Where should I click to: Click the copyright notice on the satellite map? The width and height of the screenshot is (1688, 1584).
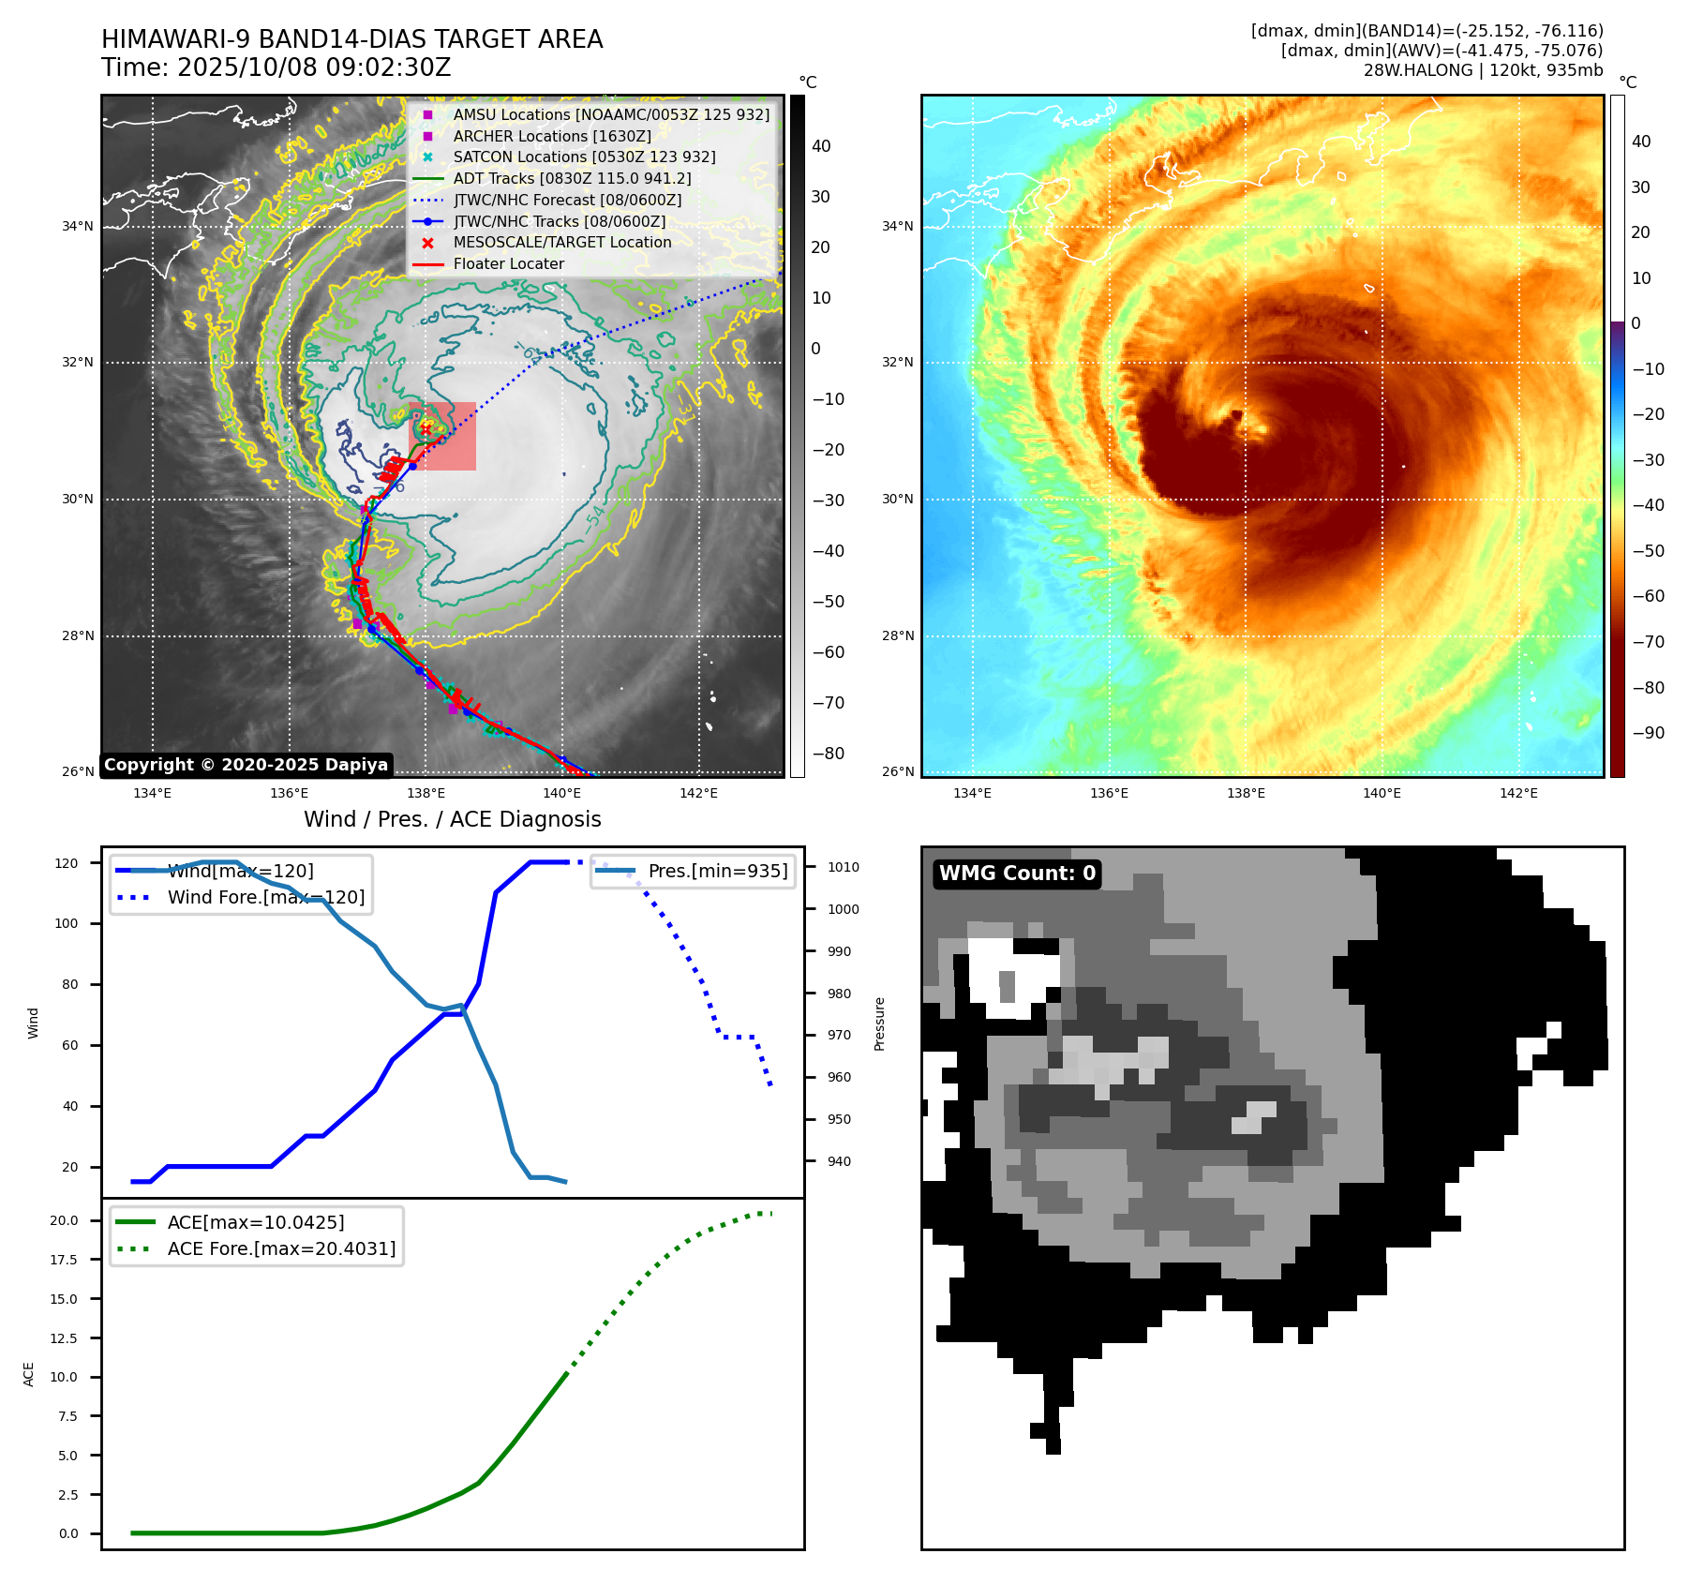[246, 765]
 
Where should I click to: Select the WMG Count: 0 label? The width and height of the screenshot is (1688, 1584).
[1017, 874]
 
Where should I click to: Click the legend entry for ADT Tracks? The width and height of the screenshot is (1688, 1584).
[572, 178]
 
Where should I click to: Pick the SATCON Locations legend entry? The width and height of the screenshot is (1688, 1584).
[584, 157]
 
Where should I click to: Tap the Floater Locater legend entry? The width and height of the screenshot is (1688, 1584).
[508, 264]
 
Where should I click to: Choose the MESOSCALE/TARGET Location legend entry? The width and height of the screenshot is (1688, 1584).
[562, 243]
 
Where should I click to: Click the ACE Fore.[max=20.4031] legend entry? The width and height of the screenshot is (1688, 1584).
[281, 1249]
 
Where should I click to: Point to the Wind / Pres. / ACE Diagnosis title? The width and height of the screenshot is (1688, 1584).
[453, 819]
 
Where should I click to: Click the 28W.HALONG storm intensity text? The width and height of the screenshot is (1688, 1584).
[1483, 70]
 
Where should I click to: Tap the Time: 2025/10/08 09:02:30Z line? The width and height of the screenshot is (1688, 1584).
[276, 67]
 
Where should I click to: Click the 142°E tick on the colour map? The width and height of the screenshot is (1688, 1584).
[1518, 793]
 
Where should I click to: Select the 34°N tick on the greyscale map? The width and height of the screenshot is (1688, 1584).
[78, 226]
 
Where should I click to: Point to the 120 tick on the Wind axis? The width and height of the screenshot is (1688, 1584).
[67, 863]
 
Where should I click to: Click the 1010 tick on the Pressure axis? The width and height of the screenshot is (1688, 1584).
[843, 867]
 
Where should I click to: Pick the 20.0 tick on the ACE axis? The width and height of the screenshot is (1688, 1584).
[64, 1220]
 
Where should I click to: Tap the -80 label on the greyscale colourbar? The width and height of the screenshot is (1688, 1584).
[828, 754]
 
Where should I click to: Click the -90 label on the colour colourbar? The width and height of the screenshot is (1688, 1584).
[1648, 733]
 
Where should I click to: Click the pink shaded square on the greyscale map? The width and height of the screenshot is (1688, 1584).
[443, 437]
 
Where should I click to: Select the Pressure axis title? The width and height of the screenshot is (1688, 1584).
[879, 1024]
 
